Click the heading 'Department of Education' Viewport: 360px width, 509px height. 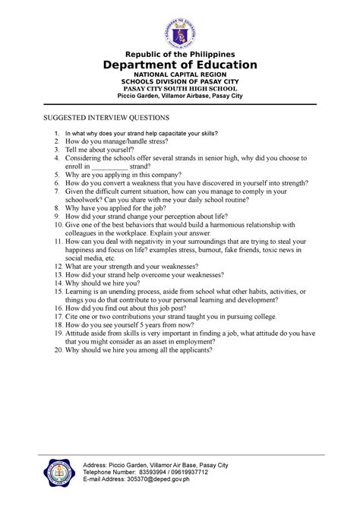pos(179,65)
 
